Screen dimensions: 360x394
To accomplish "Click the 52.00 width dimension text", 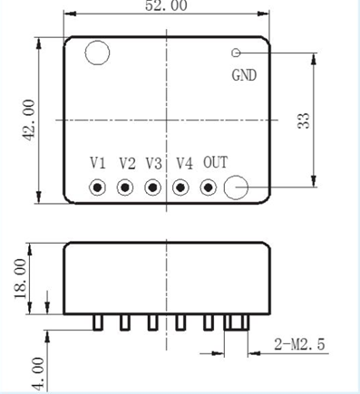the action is coord(166,6).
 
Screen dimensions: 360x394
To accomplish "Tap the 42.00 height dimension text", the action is coord(29,120).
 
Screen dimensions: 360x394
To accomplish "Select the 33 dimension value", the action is coord(304,120).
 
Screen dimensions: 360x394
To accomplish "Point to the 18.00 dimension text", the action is coord(21,278).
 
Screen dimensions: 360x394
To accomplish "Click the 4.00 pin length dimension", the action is coord(38,374).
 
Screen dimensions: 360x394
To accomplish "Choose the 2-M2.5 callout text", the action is coord(299,344).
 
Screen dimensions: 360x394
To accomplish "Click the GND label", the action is coord(244,75).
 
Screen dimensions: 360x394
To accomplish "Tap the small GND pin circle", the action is coord(236,53).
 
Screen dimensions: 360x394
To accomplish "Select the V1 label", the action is coord(98,163).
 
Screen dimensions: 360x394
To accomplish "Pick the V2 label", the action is coord(127,163).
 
